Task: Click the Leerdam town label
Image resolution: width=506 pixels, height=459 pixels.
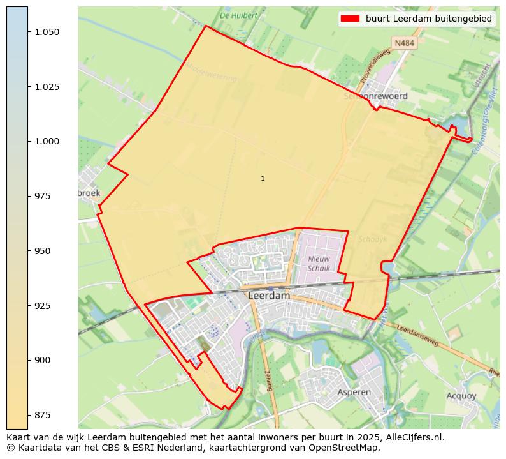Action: [269, 296]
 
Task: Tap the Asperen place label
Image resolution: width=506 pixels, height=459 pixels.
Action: [354, 392]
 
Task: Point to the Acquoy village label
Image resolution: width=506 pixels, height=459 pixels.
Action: [461, 396]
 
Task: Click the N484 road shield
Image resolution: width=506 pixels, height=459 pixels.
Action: [403, 43]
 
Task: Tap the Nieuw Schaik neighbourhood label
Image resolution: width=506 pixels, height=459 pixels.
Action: [319, 264]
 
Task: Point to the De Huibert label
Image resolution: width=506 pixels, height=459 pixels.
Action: [239, 15]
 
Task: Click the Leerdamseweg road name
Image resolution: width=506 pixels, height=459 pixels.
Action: [417, 335]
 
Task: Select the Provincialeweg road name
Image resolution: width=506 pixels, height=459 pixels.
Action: [375, 67]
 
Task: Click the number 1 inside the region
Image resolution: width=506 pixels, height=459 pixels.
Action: [263, 178]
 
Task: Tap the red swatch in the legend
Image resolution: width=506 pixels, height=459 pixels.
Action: [351, 19]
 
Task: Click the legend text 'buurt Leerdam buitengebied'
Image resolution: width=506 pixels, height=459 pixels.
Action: [428, 19]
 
